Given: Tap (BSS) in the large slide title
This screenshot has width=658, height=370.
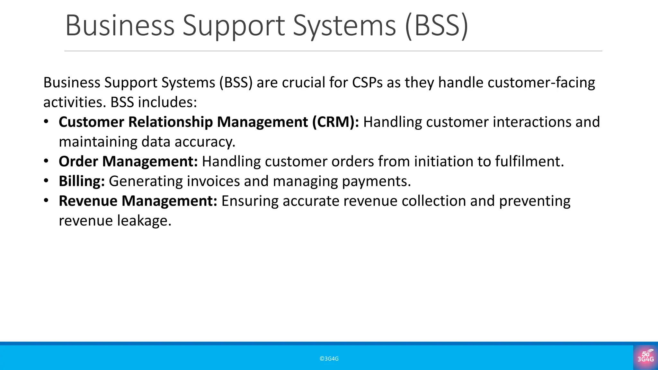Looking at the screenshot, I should [437, 26].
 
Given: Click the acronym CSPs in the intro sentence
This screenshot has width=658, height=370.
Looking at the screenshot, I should [367, 83].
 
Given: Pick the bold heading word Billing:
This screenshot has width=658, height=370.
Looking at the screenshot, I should [82, 181].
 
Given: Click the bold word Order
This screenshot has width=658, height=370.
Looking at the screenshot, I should [78, 161].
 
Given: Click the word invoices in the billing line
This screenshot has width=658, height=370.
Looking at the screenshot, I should [213, 181].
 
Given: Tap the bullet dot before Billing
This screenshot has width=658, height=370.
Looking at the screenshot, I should [46, 181].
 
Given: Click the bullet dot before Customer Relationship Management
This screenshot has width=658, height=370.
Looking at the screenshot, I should [46, 122].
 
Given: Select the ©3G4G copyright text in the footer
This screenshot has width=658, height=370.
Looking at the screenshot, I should [329, 359].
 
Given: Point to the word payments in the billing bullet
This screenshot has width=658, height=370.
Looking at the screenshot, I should [376, 181].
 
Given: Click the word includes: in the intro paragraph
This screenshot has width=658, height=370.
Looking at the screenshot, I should [167, 102].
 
